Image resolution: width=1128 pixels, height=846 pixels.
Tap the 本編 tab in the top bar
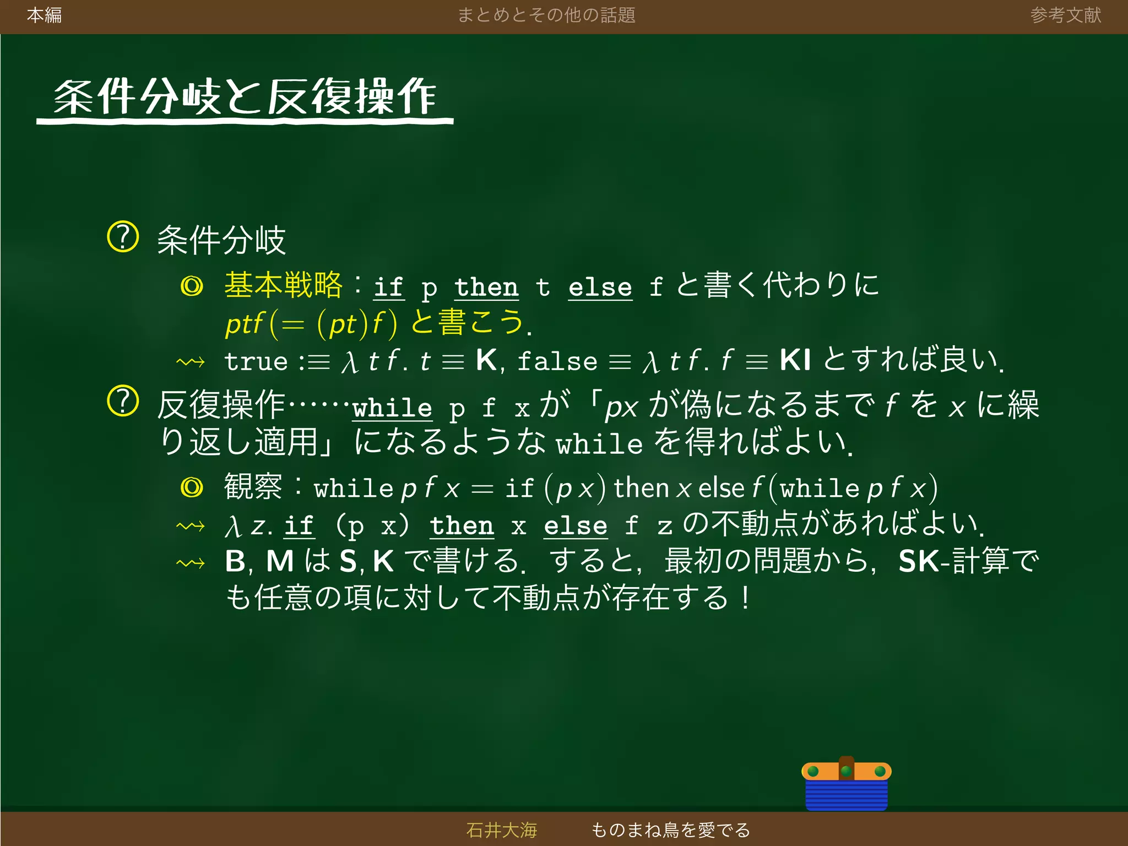[44, 15]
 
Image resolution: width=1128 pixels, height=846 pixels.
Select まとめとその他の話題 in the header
[546, 15]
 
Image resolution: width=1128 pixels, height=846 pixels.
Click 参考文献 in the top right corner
[1065, 15]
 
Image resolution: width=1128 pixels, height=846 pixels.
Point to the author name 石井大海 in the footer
[501, 829]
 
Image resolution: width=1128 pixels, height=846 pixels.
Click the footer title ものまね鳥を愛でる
[670, 829]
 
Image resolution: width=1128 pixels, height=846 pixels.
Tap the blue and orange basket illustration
[846, 784]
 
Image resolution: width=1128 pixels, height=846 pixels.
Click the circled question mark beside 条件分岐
[122, 237]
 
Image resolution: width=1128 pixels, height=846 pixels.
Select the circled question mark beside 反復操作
[122, 401]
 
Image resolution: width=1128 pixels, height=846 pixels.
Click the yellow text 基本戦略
[283, 285]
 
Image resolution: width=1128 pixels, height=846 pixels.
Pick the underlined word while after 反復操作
[392, 408]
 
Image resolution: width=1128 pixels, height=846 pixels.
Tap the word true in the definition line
[256, 361]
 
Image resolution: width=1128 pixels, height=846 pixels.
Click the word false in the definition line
[557, 361]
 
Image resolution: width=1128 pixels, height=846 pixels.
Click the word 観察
[253, 486]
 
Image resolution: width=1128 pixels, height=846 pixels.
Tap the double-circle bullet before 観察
[192, 487]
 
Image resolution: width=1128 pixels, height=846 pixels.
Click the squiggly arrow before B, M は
[191, 563]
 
